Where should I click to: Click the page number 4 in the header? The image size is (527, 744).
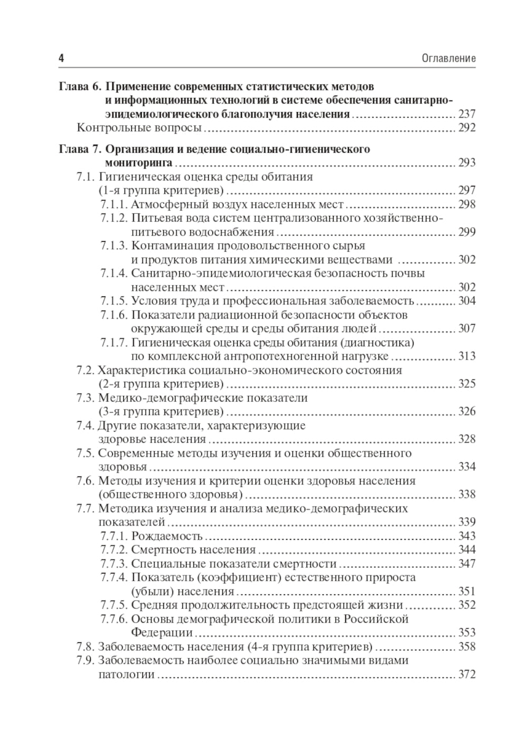(x=61, y=58)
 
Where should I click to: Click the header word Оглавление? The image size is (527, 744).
(x=448, y=58)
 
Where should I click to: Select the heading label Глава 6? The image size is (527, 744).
(x=79, y=86)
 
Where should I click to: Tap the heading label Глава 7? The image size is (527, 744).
(x=79, y=149)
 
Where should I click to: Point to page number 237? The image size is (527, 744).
(x=467, y=114)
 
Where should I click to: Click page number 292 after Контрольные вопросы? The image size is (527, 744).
(x=467, y=128)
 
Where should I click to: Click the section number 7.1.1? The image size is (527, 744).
(x=114, y=204)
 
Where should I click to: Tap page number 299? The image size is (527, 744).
(x=467, y=232)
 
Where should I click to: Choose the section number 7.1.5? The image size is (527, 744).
(x=114, y=301)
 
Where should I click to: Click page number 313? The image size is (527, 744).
(x=467, y=356)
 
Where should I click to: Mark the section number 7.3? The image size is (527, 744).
(x=85, y=398)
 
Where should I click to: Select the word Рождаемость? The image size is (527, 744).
(x=167, y=537)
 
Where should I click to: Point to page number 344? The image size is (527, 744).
(x=467, y=550)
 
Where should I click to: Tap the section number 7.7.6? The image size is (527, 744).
(x=114, y=619)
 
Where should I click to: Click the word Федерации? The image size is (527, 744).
(x=161, y=633)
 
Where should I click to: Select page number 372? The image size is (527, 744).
(x=467, y=674)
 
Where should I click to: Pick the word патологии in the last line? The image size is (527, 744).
(x=126, y=674)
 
